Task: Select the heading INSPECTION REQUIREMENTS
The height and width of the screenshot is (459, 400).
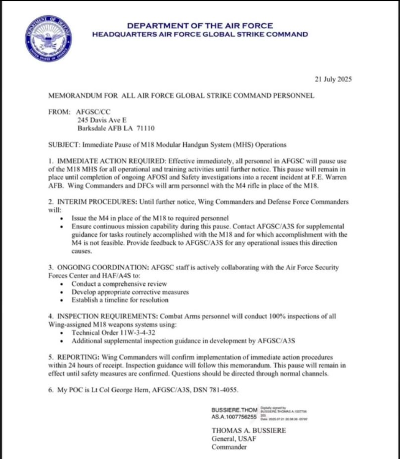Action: [x=105, y=316]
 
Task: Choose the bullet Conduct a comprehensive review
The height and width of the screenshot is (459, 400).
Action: [x=119, y=284]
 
